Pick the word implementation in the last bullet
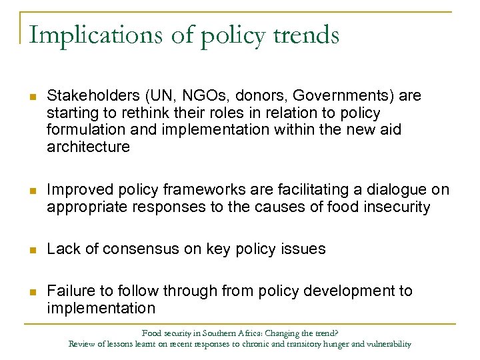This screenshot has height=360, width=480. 101,308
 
